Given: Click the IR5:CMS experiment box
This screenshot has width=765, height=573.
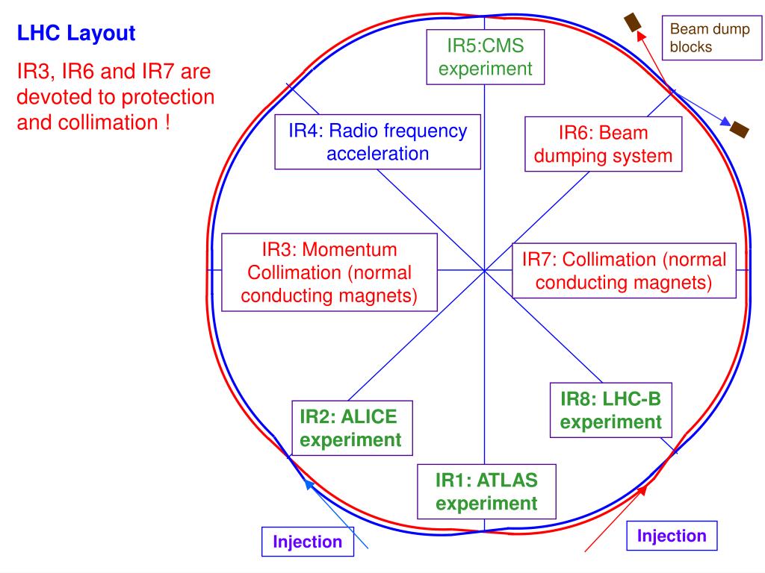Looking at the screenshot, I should (485, 57).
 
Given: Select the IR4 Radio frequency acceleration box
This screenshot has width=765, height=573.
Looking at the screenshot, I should (377, 143).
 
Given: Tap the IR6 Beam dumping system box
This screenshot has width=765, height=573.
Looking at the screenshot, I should (604, 145).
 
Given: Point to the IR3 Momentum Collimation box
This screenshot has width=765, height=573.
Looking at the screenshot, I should (329, 272).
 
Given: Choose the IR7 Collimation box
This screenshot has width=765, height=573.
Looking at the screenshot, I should (624, 271).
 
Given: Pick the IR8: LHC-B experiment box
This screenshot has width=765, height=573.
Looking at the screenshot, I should (611, 410).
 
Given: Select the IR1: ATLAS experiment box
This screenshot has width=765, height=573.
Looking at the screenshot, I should (486, 490).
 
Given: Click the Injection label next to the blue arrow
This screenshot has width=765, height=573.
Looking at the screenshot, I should (307, 542).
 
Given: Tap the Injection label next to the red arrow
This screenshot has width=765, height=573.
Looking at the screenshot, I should (671, 536).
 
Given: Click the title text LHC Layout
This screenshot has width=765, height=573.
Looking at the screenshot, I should (76, 34).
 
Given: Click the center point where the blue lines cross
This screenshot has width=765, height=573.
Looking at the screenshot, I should (484, 270).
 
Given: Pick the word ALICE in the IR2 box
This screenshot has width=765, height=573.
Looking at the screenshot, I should (370, 414).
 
